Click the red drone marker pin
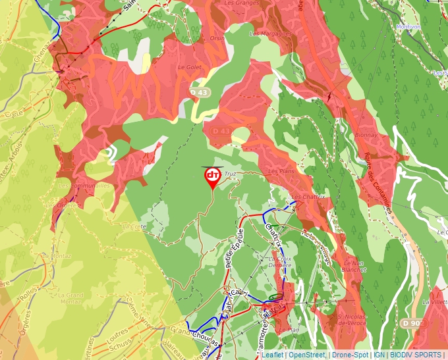point(212,176)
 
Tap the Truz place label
point(230,174)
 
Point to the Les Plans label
point(281,171)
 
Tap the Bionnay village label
point(366,135)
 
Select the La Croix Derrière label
point(281,263)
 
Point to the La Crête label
point(134,226)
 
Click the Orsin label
point(217,38)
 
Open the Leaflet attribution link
point(272,355)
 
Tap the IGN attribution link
point(379,355)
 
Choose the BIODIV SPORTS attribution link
point(416,355)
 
